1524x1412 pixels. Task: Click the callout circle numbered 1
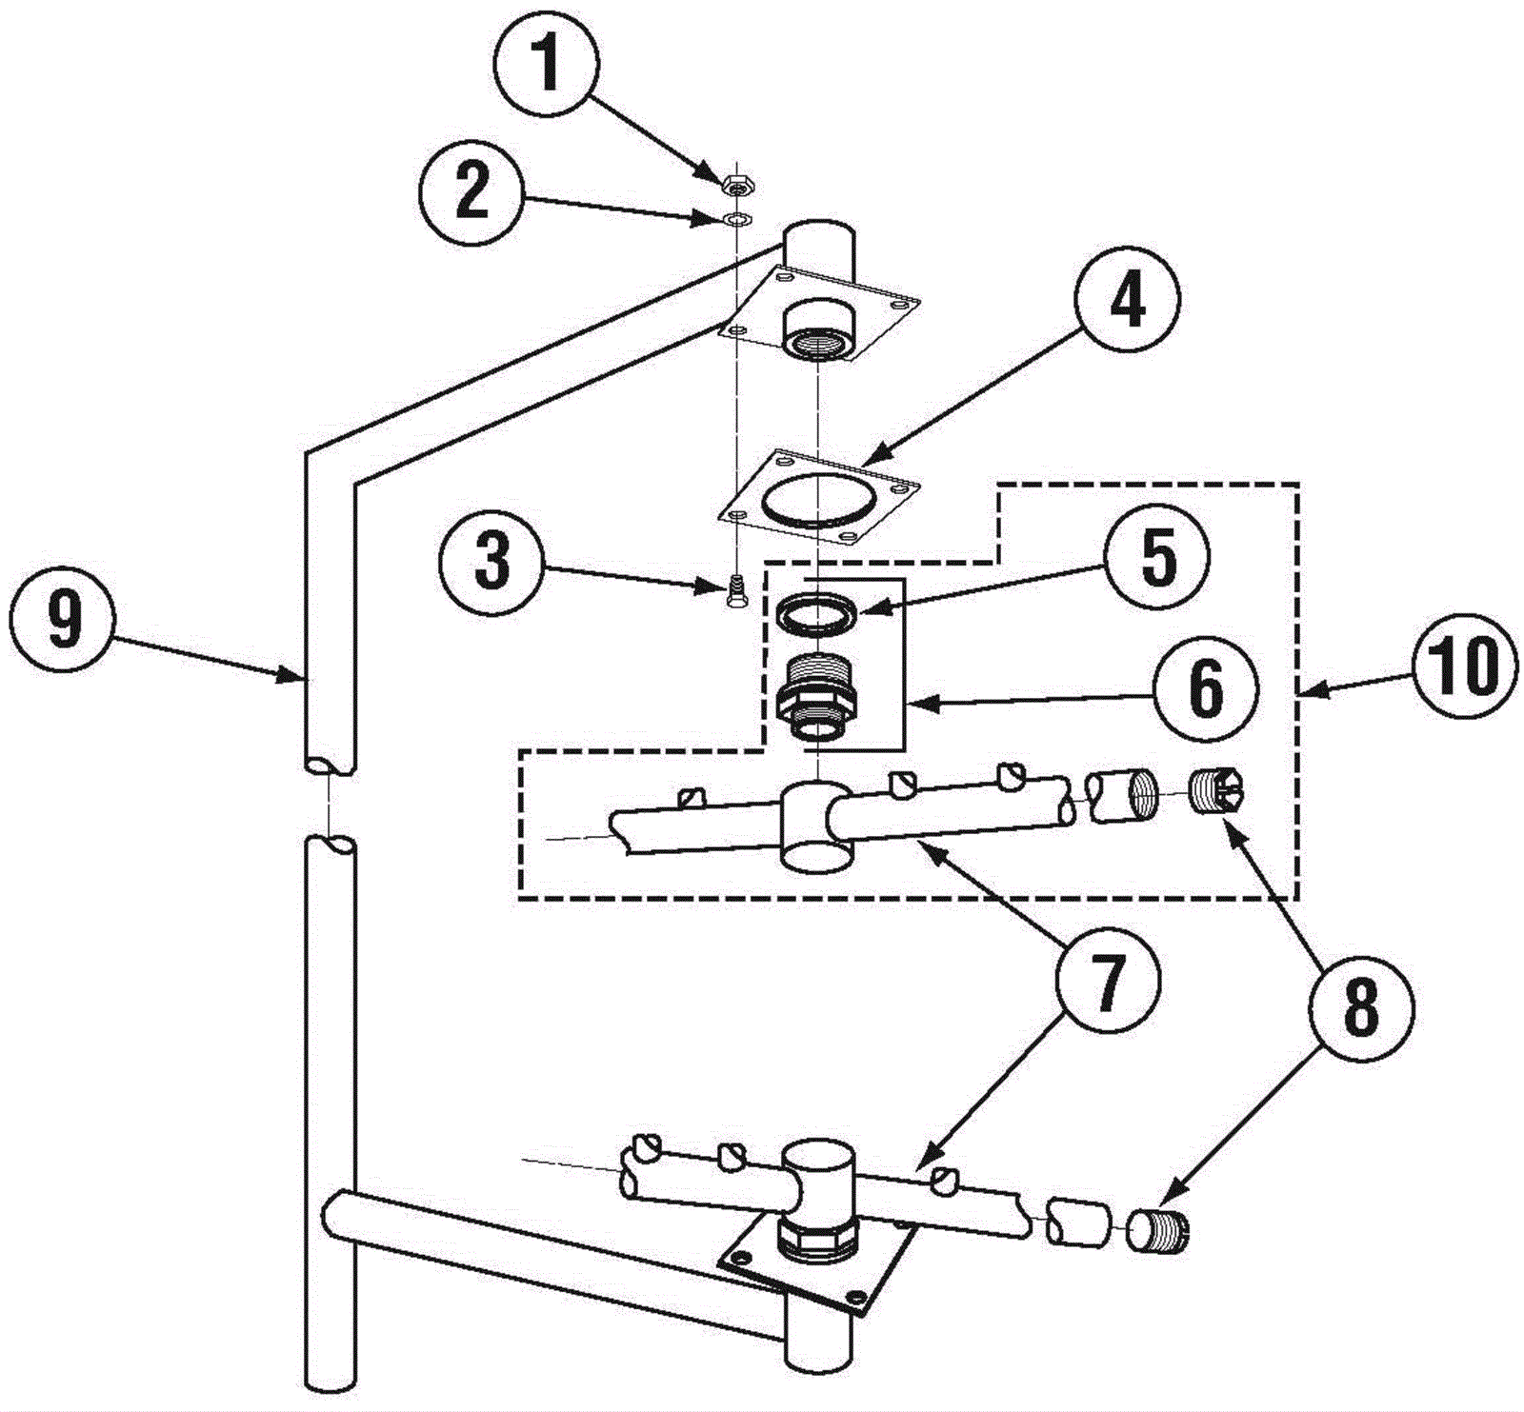[547, 65]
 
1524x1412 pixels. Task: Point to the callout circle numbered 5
[1155, 559]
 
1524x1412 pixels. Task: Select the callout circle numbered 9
[62, 624]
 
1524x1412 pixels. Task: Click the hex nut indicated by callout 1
[734, 181]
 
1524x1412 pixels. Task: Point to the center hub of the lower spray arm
[819, 1181]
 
